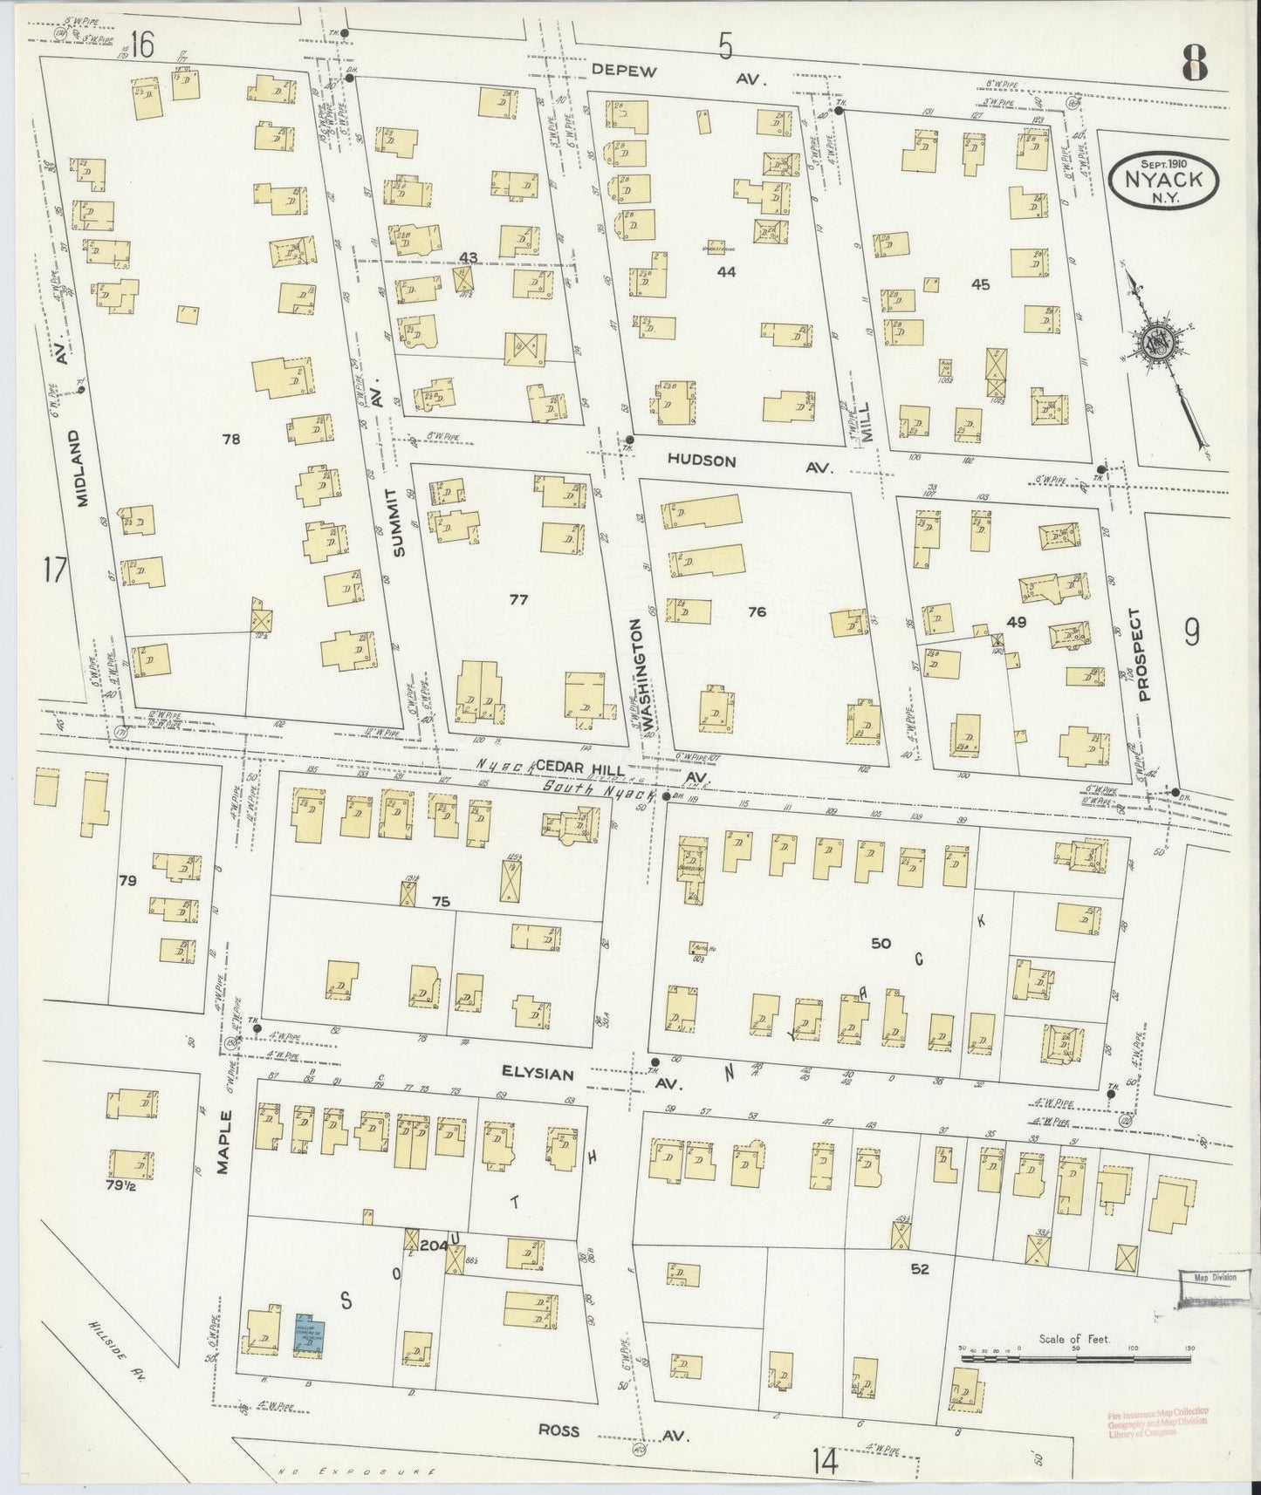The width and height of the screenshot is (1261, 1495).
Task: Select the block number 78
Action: click(x=230, y=440)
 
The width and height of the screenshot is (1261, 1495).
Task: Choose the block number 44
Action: click(x=726, y=272)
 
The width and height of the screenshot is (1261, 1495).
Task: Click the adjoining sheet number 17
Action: click(x=55, y=571)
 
